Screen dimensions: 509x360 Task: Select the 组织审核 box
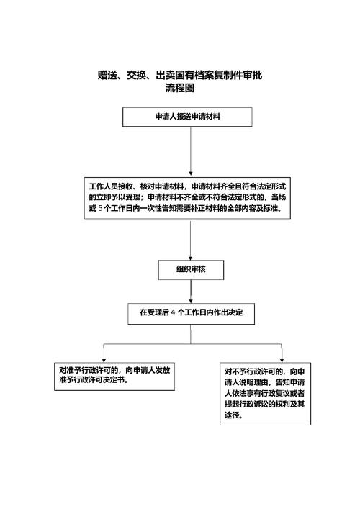pyautogui.click(x=191, y=269)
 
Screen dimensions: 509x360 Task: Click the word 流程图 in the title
pyautogui.click(x=180, y=89)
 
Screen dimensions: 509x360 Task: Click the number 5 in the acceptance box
pyautogui.click(x=99, y=208)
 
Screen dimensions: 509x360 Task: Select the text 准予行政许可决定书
pyautogui.click(x=94, y=380)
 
